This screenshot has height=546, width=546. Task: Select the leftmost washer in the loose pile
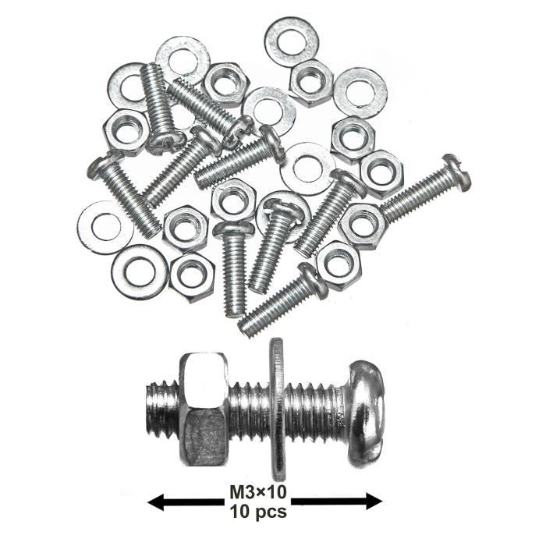(x=85, y=228)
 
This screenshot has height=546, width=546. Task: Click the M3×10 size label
(x=258, y=492)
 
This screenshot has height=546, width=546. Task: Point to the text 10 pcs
(x=258, y=511)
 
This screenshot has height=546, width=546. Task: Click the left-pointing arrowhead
(x=155, y=502)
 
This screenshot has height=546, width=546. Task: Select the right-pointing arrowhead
(x=374, y=502)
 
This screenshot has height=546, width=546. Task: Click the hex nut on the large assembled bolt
(x=204, y=409)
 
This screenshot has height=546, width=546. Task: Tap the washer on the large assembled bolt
(x=277, y=410)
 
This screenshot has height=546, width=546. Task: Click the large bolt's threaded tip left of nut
(x=162, y=409)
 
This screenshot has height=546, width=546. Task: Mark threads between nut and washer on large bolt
(x=249, y=409)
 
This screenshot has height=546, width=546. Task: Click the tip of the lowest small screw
(x=243, y=331)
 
